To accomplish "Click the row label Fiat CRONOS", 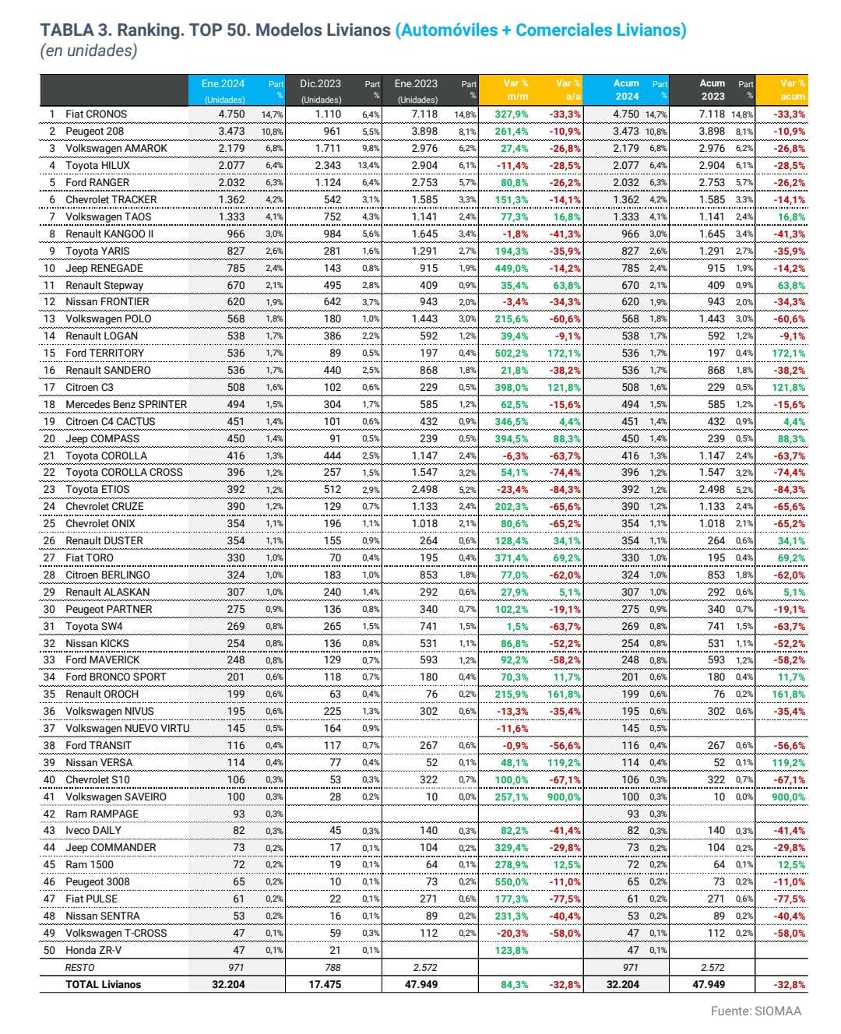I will coord(96,114).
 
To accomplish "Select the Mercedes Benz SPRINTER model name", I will coord(126,405).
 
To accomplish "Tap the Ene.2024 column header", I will coord(223,84).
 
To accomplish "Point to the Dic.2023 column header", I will coord(320,84).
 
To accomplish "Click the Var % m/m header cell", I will coord(515,90).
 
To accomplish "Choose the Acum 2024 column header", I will coord(626,90).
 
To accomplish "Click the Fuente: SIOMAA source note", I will coord(755,1011).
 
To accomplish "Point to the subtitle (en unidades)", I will coord(88,51).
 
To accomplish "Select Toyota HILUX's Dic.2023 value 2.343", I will coord(328,166).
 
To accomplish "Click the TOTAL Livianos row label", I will coord(103,985).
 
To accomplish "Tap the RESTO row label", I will coord(79,968).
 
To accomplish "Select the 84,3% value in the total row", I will coord(515,985).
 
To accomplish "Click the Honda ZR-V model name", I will coord(93,951).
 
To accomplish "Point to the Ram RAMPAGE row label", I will coord(101,814).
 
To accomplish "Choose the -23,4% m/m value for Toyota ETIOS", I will coord(512,490).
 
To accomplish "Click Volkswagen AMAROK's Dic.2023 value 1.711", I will coord(328,149).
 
